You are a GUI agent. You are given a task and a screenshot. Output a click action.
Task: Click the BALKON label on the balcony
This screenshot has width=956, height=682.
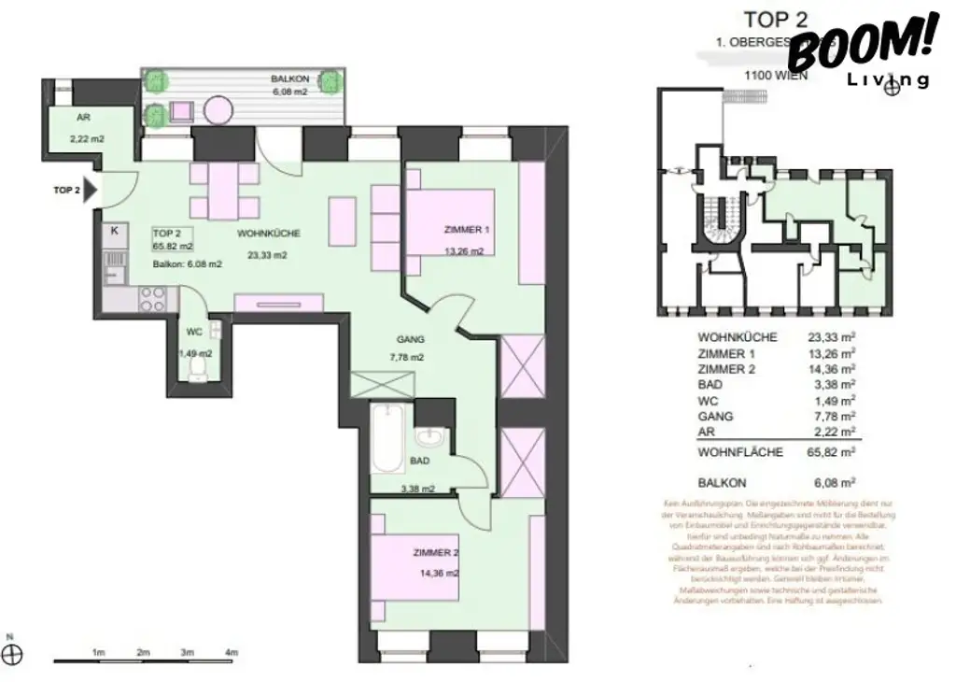288,79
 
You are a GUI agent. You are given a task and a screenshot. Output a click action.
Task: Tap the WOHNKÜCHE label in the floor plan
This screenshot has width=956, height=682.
268,234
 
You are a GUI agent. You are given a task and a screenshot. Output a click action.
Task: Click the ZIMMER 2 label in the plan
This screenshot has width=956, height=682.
435,553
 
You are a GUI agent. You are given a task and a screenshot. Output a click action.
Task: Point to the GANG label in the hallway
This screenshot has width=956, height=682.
410,340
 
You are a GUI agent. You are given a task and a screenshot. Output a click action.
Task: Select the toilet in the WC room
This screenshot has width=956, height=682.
196,374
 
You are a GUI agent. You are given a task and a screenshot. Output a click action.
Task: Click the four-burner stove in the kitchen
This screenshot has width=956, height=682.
152,299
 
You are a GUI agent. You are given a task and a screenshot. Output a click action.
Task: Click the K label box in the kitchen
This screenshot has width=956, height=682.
114,230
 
